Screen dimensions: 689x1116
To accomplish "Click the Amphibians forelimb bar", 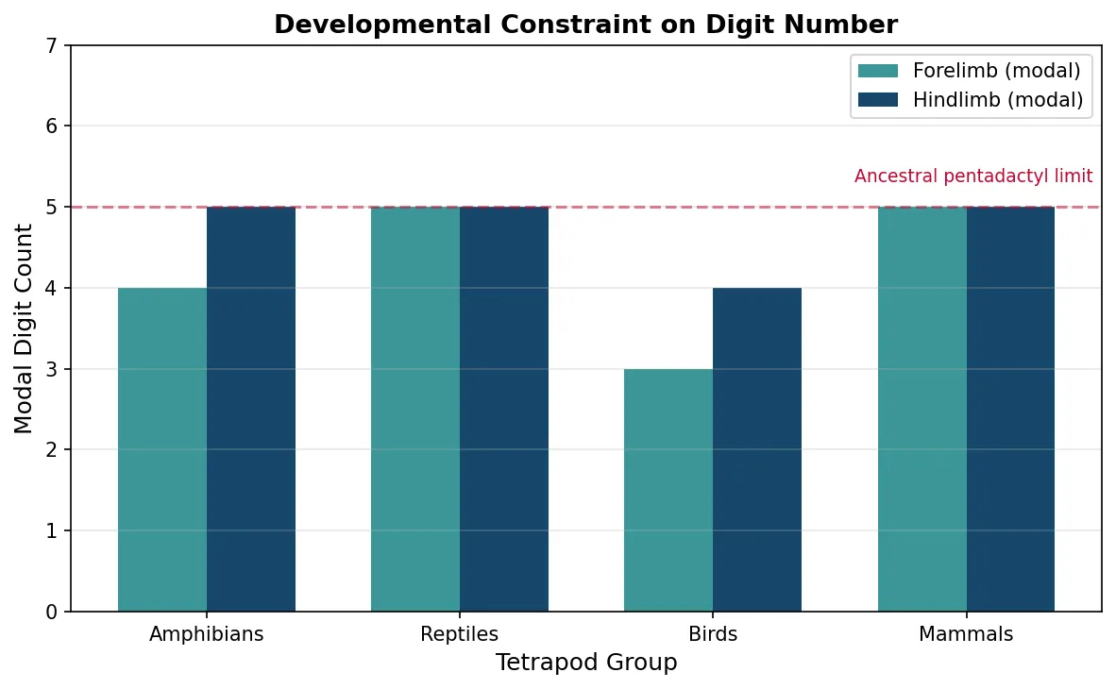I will click(162, 449).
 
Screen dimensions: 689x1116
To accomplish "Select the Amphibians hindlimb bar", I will click(251, 409).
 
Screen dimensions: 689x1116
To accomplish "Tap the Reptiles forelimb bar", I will click(415, 409).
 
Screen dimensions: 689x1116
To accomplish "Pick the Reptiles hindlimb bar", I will click(504, 409).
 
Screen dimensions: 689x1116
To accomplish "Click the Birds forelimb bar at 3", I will click(668, 490).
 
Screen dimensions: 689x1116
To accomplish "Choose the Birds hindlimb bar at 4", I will click(757, 449).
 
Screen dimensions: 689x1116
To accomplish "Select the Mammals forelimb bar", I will click(922, 409).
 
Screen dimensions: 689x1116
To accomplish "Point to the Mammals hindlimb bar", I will click(1010, 409).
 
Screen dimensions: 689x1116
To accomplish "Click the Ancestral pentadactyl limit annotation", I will click(973, 176).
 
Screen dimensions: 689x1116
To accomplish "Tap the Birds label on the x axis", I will click(713, 634).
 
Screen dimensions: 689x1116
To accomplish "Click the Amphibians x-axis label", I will click(207, 634).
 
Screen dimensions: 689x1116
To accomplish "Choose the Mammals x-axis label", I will click(966, 634).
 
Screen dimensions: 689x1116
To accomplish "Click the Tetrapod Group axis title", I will click(586, 664).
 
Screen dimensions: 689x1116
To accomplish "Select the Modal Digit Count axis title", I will click(24, 328).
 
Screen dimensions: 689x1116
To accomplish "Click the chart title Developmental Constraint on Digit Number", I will click(586, 25).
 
